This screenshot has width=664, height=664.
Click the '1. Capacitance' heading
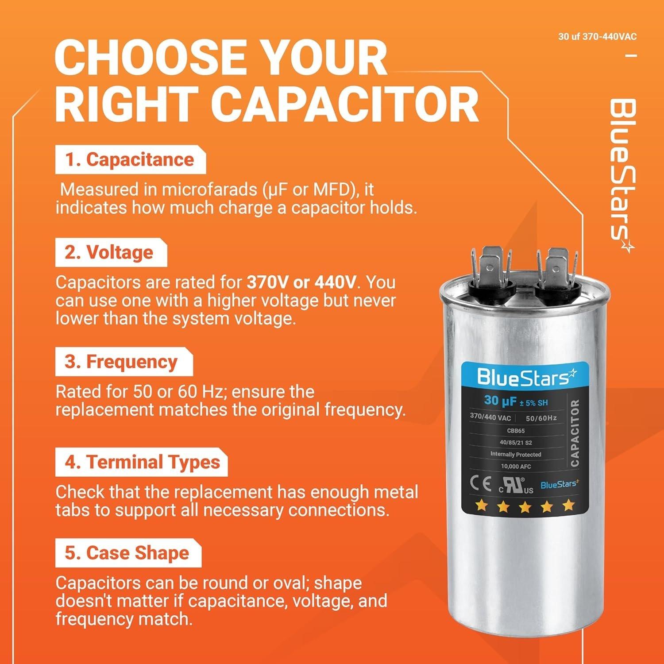point(130,160)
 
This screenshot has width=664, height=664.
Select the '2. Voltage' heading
point(109,253)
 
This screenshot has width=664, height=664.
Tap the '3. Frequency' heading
point(121,362)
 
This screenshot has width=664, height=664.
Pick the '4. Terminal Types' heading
point(142,463)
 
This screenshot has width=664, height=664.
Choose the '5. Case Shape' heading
point(127,553)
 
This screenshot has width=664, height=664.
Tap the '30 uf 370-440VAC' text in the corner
point(597,37)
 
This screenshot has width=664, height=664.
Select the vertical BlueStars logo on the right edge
point(622,175)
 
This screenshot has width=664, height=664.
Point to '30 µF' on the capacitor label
point(500,401)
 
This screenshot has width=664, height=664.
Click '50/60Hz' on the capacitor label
point(541,418)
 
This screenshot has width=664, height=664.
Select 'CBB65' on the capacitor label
point(516,431)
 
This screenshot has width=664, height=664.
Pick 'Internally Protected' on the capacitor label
point(516,454)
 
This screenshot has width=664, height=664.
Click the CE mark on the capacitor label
point(480,485)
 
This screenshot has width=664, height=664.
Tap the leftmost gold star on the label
point(479,506)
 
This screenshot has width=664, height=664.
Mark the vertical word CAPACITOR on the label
point(575,433)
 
